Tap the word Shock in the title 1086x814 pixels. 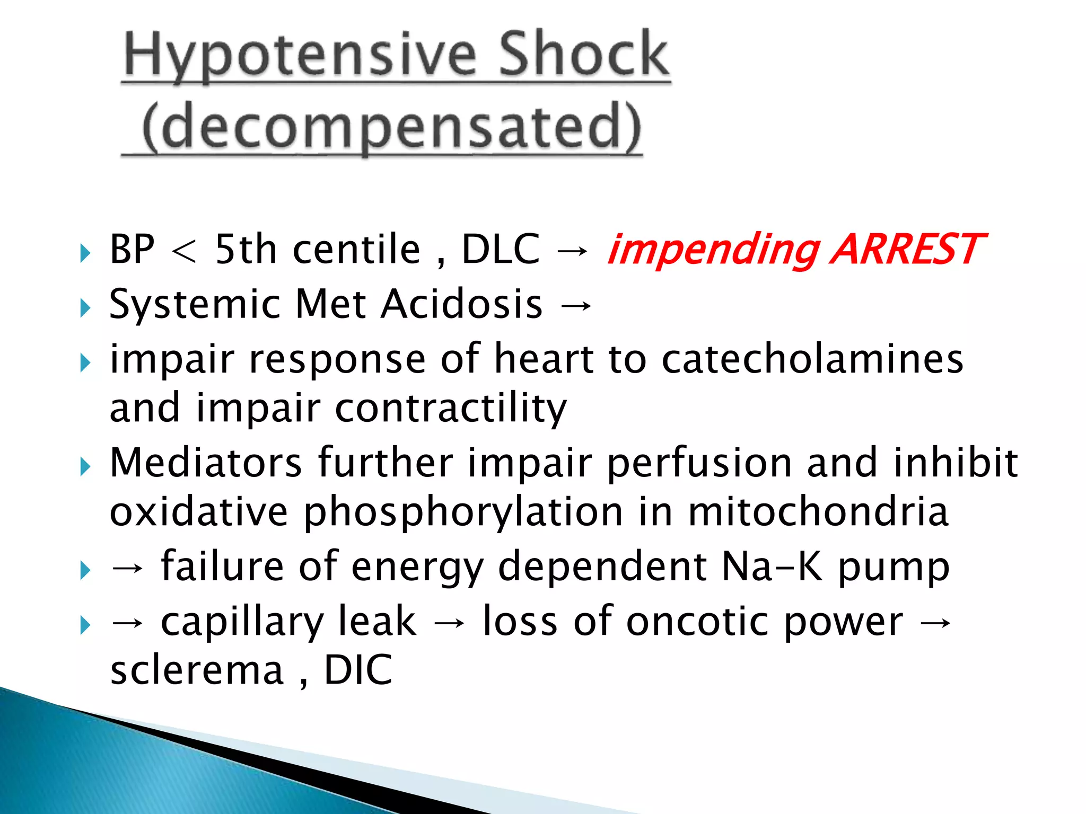[584, 54]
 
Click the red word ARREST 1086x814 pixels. [907, 249]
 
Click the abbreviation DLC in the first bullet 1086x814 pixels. [501, 249]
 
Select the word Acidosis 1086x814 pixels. [462, 304]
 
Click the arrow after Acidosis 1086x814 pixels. [575, 305]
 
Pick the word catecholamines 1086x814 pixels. [812, 359]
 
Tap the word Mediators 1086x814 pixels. [206, 463]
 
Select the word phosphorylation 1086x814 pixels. [463, 513]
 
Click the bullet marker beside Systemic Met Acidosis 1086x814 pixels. [85, 308]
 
